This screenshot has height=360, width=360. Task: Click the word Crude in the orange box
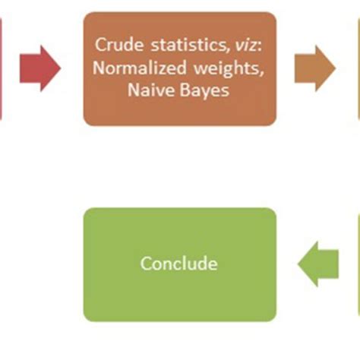pos(119,45)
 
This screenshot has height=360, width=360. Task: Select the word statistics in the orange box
pos(188,45)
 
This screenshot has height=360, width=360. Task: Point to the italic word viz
pos(245,46)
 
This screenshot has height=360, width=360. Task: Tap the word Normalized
pos(140,68)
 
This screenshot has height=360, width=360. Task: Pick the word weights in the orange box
pos(229,68)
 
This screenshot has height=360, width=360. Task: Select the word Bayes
pos(204,90)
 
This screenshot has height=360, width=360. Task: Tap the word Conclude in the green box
pos(179,264)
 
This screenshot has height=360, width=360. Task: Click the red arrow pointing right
pos(40,68)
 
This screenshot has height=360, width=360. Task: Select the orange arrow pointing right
pos(315,68)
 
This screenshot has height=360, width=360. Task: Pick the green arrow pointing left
pos(318,264)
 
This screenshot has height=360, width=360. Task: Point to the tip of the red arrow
pos(61,68)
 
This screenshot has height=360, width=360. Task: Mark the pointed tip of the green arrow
pos(298,264)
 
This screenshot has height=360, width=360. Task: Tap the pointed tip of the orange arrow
pos(336,68)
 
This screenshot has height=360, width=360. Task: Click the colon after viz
pos(259,47)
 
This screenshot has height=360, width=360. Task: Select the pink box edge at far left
pos(1,68)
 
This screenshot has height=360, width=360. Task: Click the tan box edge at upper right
pos(358,68)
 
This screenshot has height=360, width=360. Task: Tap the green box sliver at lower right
pos(358,264)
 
